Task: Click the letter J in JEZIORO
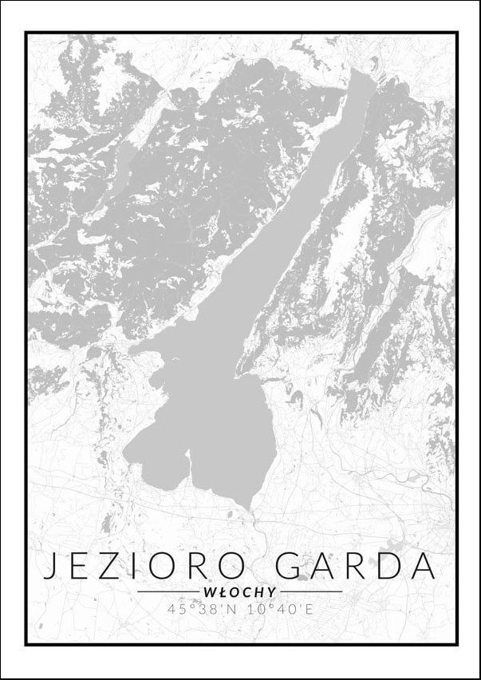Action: [x=50, y=565]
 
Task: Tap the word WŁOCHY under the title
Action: [x=240, y=592]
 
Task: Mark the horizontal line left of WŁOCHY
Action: [x=168, y=592]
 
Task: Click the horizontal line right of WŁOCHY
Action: [x=311, y=592]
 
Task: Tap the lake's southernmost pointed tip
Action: [x=250, y=508]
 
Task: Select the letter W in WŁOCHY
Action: [x=210, y=592]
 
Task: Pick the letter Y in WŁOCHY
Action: [x=272, y=592]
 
